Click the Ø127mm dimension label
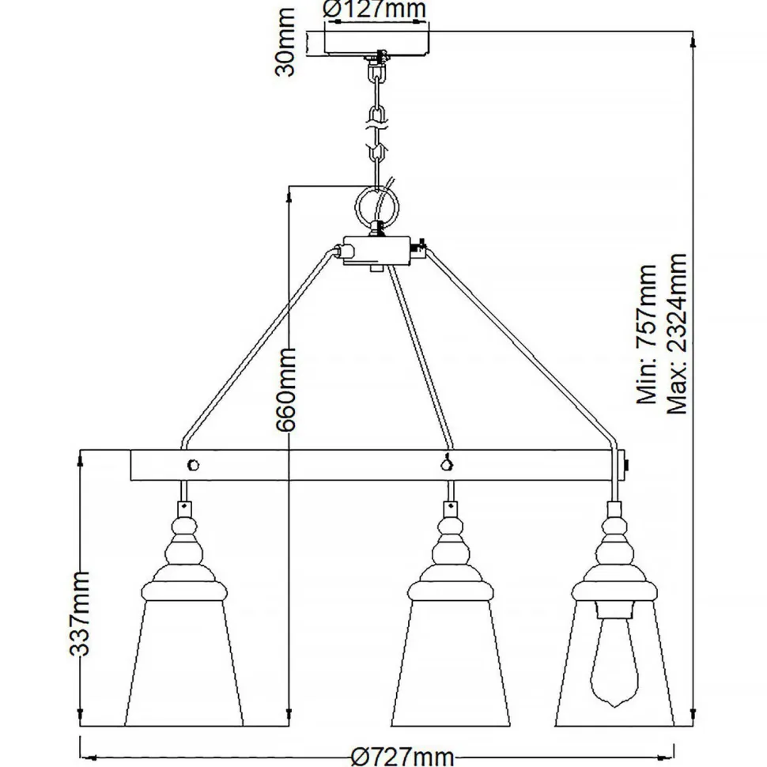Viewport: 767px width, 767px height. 375,10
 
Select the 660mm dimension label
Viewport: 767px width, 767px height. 285,387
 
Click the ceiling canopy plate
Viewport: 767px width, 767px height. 378,42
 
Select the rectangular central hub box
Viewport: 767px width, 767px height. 378,251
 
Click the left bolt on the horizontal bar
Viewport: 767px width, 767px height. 192,464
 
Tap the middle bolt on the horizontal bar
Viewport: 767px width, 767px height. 449,464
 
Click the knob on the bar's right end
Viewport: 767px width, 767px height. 628,464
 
